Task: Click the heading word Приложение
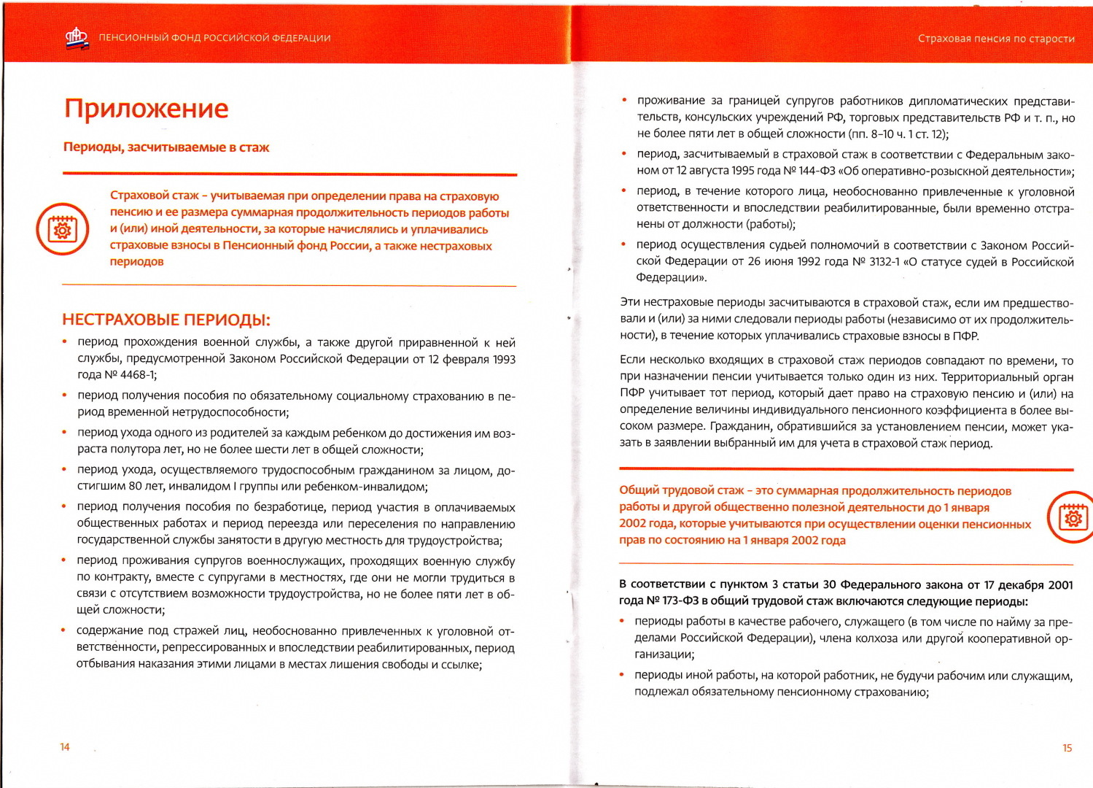[x=146, y=109]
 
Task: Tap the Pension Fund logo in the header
[x=77, y=38]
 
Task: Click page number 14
[x=65, y=746]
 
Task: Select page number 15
[x=1067, y=748]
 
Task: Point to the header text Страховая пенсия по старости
[x=995, y=39]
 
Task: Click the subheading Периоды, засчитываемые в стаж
[x=166, y=147]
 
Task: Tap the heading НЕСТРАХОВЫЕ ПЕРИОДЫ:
[x=166, y=320]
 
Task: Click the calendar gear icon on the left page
[x=63, y=229]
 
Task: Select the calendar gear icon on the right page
[x=1072, y=517]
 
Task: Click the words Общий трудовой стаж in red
[x=681, y=491]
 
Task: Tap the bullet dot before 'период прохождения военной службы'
[x=65, y=341]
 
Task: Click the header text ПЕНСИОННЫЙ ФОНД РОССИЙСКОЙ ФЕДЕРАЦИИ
[x=214, y=38]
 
